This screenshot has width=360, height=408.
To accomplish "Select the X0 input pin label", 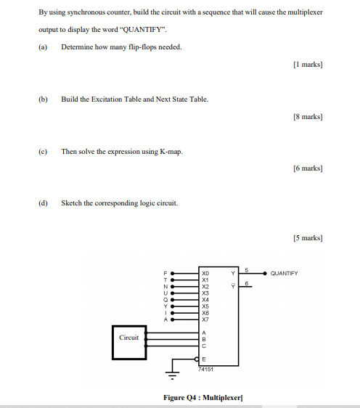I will pyautogui.click(x=205, y=272).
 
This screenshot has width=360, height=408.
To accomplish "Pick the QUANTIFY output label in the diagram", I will pyautogui.click(x=283, y=273).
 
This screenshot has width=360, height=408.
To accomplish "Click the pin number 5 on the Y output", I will pyautogui.click(x=246, y=269).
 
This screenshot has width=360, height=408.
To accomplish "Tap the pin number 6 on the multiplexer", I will pyautogui.click(x=246, y=284).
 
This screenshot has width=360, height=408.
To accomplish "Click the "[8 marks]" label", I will pyautogui.click(x=307, y=116).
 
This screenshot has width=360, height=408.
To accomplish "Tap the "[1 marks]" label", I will pyautogui.click(x=307, y=65).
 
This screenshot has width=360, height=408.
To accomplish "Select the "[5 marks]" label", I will pyautogui.click(x=307, y=237).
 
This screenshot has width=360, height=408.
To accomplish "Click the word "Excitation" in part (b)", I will pyautogui.click(x=110, y=99).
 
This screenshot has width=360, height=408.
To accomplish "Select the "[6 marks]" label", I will pyautogui.click(x=307, y=168).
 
